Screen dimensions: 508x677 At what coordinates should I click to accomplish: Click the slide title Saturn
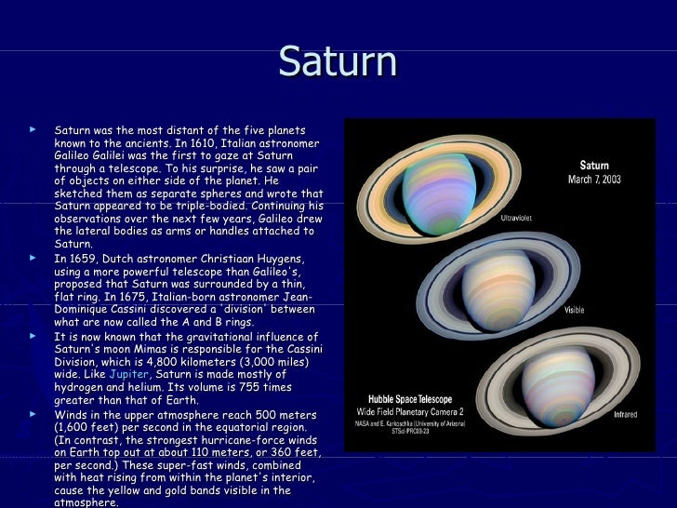click(x=338, y=61)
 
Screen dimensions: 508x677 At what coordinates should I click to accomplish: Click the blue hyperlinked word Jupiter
click(x=128, y=373)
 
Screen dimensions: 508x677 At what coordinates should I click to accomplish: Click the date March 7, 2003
click(x=594, y=180)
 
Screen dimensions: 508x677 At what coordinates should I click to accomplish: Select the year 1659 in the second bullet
click(x=80, y=258)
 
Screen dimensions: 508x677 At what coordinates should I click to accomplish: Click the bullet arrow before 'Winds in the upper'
click(x=33, y=413)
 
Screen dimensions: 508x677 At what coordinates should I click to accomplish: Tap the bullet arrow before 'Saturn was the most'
click(x=33, y=129)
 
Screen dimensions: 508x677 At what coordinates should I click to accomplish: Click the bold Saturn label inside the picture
click(x=594, y=165)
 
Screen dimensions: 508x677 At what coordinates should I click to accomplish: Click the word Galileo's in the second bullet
click(x=264, y=270)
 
